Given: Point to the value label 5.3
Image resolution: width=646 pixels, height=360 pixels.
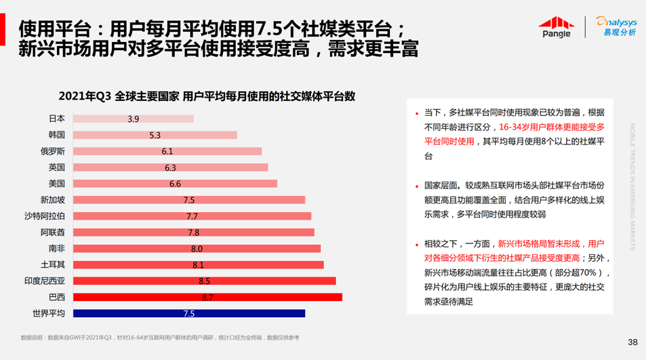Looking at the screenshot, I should click(x=155, y=135).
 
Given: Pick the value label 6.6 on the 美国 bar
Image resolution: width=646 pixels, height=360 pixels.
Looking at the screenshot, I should click(x=175, y=184).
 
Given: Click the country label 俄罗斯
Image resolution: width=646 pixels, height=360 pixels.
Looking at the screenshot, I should click(x=53, y=151).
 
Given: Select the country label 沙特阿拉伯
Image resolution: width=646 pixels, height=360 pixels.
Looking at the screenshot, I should click(x=45, y=216).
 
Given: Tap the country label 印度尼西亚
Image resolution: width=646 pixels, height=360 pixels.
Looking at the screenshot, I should click(x=45, y=281).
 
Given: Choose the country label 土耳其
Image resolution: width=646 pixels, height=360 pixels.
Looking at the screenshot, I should click(x=53, y=264).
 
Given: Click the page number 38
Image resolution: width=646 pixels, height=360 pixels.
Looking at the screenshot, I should click(x=632, y=341).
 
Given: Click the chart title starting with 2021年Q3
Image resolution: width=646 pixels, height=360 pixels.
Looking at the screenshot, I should click(x=207, y=96).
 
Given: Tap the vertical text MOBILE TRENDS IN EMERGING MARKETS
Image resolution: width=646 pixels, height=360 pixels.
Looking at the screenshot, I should click(x=632, y=186).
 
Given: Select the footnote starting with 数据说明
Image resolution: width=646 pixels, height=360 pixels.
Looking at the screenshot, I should click(x=159, y=337).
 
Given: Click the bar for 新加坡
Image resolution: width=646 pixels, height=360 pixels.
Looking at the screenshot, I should click(x=189, y=200).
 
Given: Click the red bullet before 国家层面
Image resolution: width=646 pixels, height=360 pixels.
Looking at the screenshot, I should click(x=417, y=184).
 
